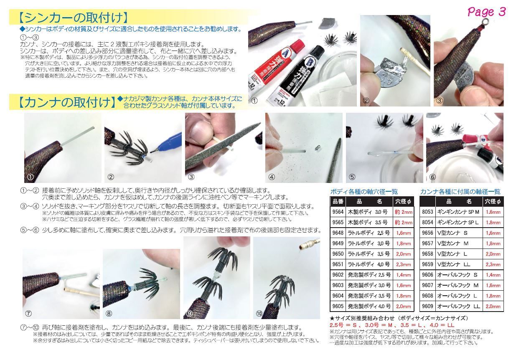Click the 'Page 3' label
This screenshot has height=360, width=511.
[486, 12]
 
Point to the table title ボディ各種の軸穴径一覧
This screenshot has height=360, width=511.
[364, 192]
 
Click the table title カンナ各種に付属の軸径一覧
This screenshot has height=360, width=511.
[460, 192]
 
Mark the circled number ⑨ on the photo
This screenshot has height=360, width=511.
[189, 313]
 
